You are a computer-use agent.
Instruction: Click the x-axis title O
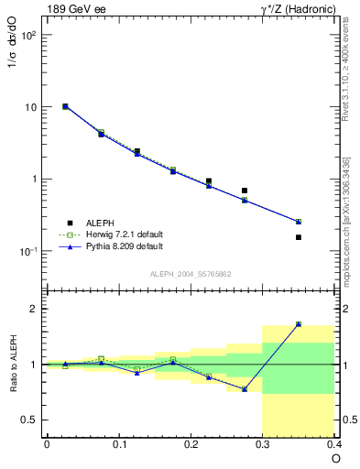pyautogui.click(x=335, y=458)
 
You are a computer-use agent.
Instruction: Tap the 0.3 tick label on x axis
pyautogui.click(x=263, y=445)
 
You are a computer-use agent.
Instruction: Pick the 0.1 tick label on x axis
pyautogui.click(x=118, y=445)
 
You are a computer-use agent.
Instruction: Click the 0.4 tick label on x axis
pyautogui.click(x=334, y=445)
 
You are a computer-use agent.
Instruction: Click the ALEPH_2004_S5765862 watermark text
pyautogui.click(x=190, y=274)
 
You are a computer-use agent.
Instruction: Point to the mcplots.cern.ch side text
pyautogui.click(x=351, y=220)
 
